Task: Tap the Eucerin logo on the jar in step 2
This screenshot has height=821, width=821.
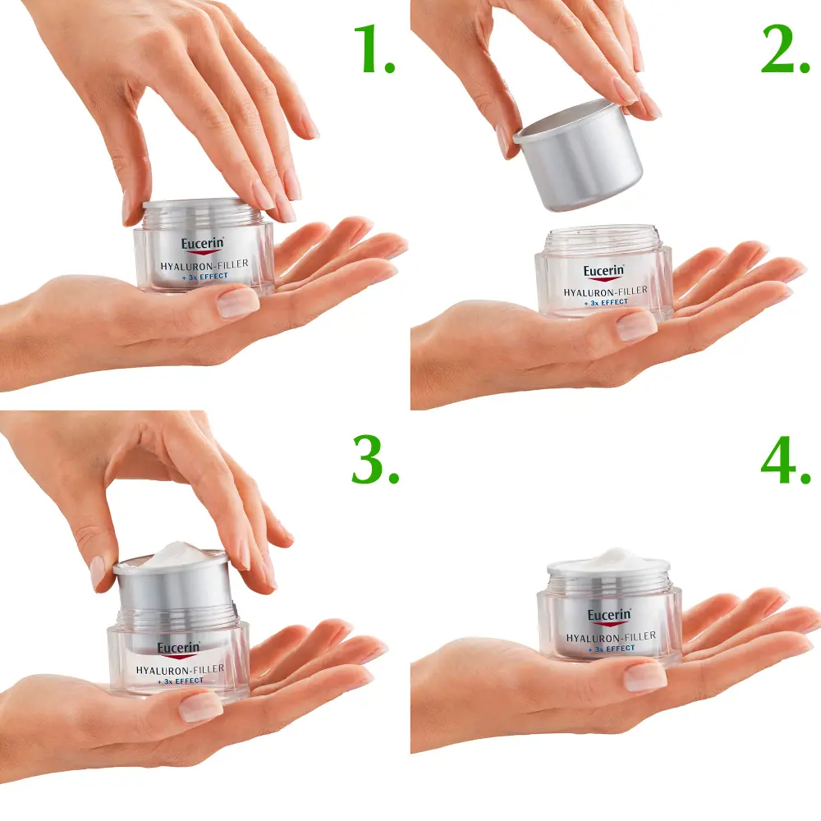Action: click(604, 273)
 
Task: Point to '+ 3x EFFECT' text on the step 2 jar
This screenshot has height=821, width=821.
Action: click(605, 302)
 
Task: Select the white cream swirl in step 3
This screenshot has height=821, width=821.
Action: click(172, 553)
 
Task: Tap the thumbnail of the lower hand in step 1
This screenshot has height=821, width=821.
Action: click(238, 303)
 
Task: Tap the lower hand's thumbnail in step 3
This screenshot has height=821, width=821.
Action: click(200, 706)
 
